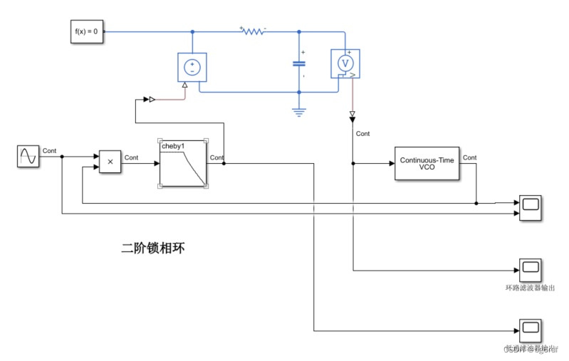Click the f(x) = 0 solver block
tap(87, 32)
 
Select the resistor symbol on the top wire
tap(253, 31)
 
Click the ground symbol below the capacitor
tap(298, 111)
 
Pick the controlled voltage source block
tap(192, 67)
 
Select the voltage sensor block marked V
tap(345, 63)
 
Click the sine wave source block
tap(28, 157)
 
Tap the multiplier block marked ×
tap(110, 162)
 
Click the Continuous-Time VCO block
tap(427, 163)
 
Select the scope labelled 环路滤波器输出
tap(529, 270)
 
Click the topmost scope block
tap(529, 206)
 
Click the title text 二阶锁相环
tap(153, 248)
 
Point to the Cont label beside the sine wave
tap(50, 150)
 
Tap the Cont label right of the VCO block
tap(470, 157)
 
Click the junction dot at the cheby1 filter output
tap(224, 163)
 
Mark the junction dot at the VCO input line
tap(353, 163)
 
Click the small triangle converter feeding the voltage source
tap(147, 100)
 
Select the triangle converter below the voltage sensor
tap(353, 115)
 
